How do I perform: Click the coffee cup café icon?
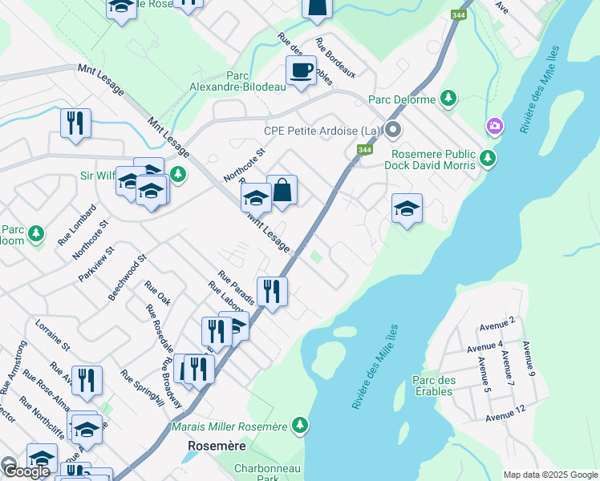(x=302, y=71)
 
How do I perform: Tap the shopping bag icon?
(x=282, y=190)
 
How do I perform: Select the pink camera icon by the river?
(x=495, y=126)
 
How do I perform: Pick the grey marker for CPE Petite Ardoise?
(x=392, y=130)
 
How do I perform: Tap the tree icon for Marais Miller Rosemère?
(x=299, y=424)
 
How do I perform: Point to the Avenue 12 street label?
(x=505, y=417)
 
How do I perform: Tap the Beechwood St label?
(x=128, y=277)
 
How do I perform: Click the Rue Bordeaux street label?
(x=335, y=58)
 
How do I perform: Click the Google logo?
(x=26, y=471)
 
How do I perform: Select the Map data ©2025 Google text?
(x=549, y=475)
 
